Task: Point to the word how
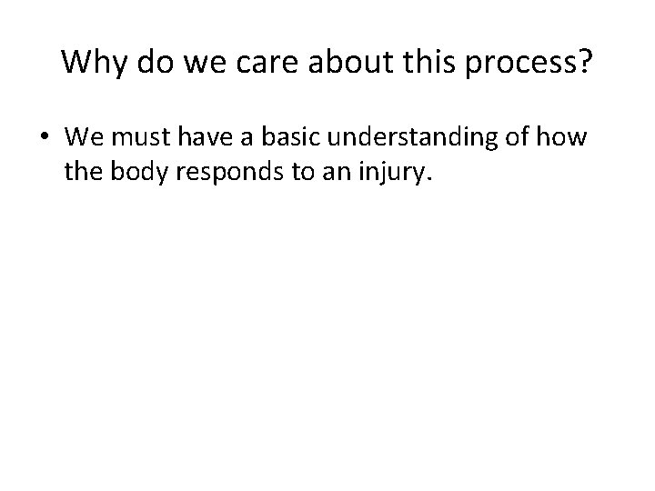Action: pos(564,138)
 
